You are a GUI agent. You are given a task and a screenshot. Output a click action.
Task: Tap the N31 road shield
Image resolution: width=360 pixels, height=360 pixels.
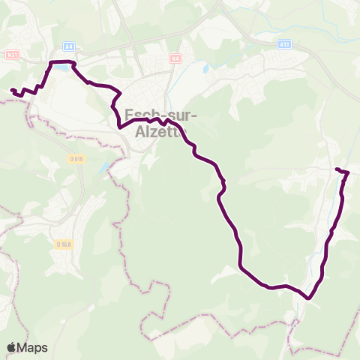coord(11,54)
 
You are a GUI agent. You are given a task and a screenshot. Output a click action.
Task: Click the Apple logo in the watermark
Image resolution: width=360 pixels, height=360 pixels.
coord(12,347)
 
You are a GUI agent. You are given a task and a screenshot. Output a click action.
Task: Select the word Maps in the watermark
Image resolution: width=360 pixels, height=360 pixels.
coord(34,347)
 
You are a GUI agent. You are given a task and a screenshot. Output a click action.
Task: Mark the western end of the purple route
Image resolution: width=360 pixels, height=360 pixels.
coord(12,90)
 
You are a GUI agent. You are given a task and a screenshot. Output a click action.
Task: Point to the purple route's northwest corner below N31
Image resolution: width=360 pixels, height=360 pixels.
coord(51,62)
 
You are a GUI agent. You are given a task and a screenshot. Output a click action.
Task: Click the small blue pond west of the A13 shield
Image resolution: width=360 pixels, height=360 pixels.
coord(204,67)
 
